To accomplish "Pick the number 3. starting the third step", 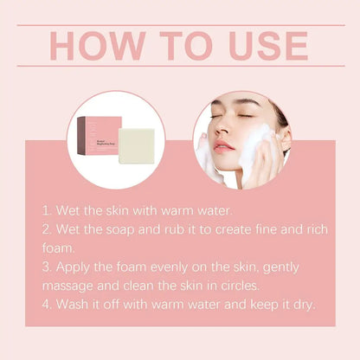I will (x=48, y=266).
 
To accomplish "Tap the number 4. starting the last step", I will (x=48, y=304).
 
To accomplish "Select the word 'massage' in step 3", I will (x=73, y=285).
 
